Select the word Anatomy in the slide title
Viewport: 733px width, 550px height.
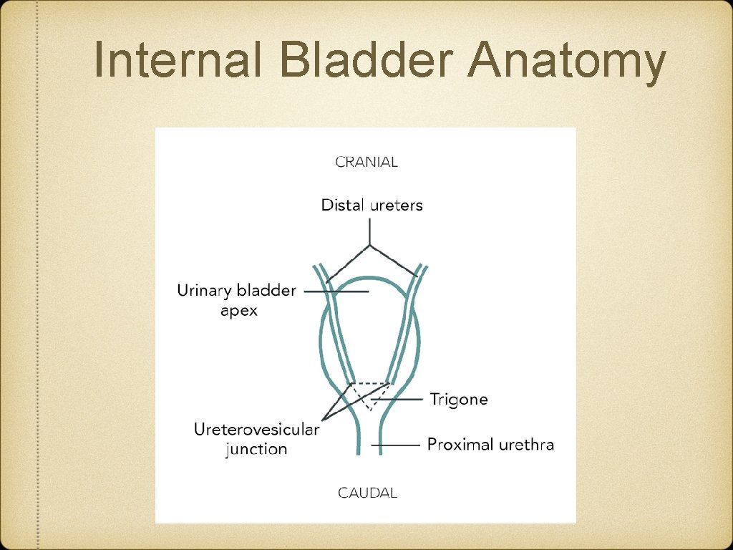click(x=566, y=63)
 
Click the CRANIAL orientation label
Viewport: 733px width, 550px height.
click(x=366, y=162)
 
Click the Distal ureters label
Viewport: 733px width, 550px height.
click(x=372, y=206)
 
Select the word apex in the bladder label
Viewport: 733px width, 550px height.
click(x=238, y=312)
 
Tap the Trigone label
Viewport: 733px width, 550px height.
click(x=458, y=400)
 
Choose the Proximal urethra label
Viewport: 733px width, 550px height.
click(x=490, y=445)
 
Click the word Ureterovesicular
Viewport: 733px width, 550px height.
click(x=256, y=430)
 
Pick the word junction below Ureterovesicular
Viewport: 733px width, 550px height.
click(x=256, y=450)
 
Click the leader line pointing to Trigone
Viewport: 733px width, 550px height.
click(x=401, y=400)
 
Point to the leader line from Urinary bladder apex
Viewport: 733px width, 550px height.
click(x=336, y=291)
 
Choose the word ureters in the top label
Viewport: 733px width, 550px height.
click(x=397, y=206)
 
